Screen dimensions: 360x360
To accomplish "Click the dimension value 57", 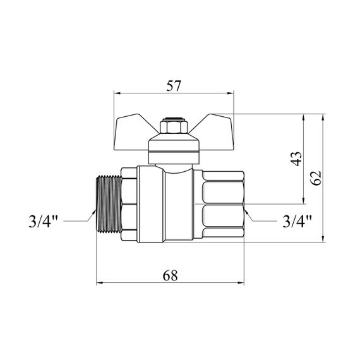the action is (174, 86).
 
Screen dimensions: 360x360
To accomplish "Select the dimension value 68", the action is (170, 275).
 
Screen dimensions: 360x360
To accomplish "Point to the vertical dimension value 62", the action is (316, 178).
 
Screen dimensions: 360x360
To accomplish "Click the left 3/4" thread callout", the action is (43, 221).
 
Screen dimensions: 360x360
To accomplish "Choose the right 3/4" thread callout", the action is (297, 221).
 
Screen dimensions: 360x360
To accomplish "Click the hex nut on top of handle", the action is (174, 126).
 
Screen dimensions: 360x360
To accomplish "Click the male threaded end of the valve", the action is (109, 204).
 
